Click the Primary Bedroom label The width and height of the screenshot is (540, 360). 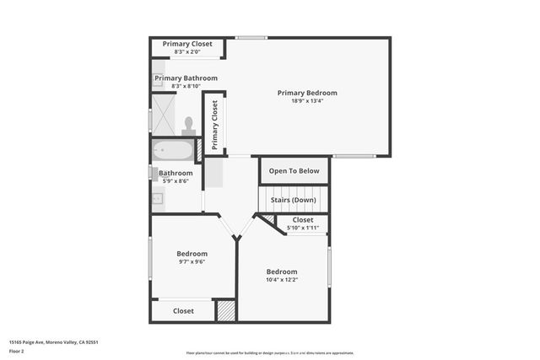[307, 93]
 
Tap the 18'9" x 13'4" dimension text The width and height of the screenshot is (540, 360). [307, 101]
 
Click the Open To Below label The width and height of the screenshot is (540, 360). [294, 171]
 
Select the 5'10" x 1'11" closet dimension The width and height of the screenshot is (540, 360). [302, 228]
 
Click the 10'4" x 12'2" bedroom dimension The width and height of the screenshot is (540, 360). [282, 280]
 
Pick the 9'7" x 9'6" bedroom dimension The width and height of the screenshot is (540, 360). [192, 261]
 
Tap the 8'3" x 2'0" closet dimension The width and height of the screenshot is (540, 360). [187, 52]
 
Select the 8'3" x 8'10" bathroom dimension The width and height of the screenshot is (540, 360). [186, 86]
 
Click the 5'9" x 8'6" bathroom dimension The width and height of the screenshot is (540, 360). [175, 181]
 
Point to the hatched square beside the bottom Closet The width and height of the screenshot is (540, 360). [225, 310]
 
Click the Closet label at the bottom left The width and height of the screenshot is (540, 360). [183, 311]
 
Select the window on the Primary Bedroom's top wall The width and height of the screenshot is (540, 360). [251, 37]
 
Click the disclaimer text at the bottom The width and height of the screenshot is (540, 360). [270, 352]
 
